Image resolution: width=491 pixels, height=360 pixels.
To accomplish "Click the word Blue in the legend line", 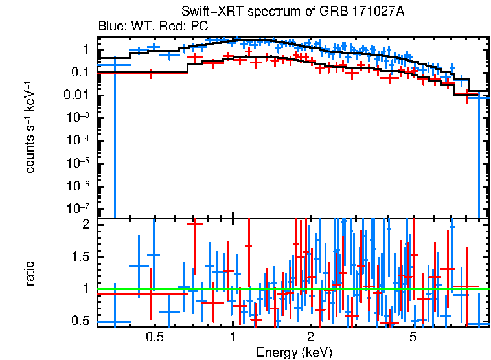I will click(x=110, y=27).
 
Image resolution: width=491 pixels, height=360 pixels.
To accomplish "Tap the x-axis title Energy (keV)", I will click(x=294, y=352).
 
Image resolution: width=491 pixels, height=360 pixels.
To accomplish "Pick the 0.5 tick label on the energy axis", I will click(x=154, y=337).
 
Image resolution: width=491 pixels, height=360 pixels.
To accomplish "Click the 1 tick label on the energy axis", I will click(x=233, y=337).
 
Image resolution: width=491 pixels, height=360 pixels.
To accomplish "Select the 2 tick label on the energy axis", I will click(x=311, y=337).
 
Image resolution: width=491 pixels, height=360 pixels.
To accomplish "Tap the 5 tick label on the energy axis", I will click(x=413, y=337).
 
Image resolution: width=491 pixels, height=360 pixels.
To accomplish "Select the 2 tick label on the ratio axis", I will click(x=85, y=225).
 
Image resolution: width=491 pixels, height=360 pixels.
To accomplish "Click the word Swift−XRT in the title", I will click(x=207, y=13).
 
